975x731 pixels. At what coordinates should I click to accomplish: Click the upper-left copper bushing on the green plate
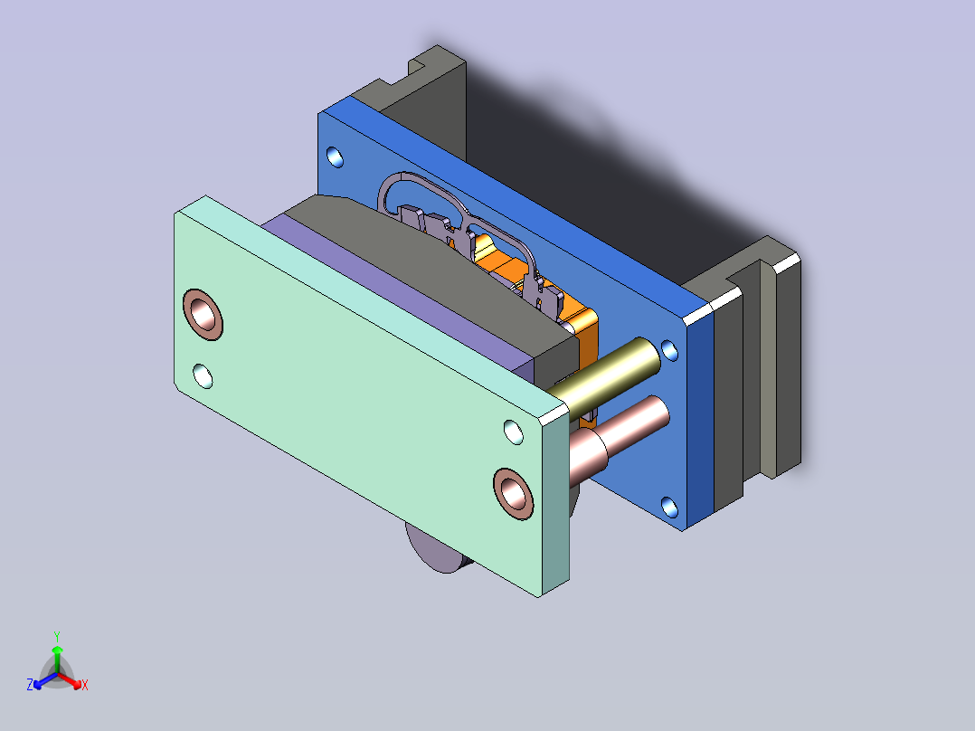(x=203, y=314)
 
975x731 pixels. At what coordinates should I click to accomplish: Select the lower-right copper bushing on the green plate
(x=513, y=494)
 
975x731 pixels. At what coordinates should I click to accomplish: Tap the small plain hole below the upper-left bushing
(x=203, y=376)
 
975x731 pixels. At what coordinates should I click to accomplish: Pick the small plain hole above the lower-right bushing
(x=513, y=432)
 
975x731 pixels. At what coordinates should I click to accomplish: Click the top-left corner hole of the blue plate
(x=335, y=157)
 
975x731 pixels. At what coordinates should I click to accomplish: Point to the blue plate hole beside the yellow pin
(x=669, y=350)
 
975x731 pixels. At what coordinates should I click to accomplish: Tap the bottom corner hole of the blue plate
(x=669, y=508)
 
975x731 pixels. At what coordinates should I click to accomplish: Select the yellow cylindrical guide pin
(x=603, y=377)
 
